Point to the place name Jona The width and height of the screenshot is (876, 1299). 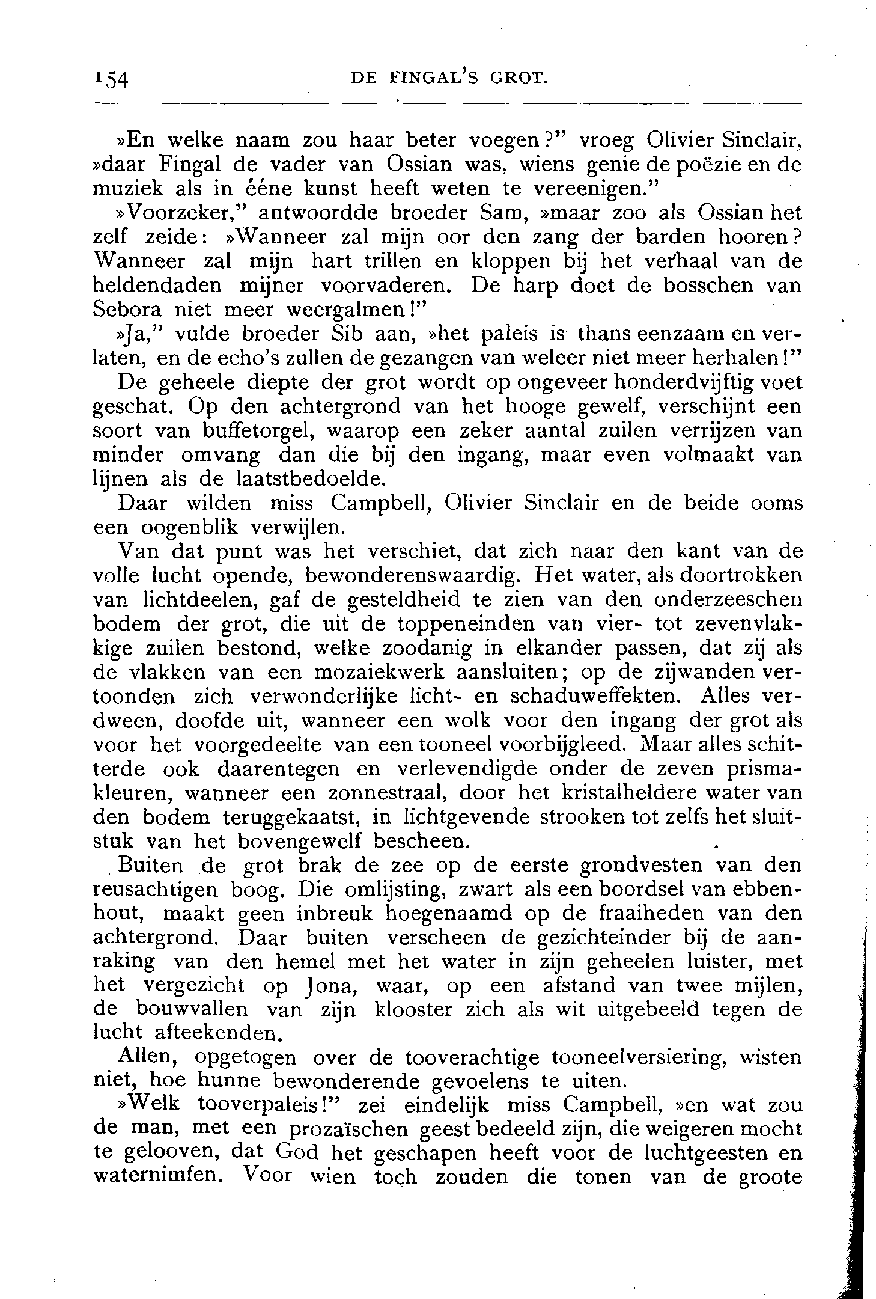tap(329, 985)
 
